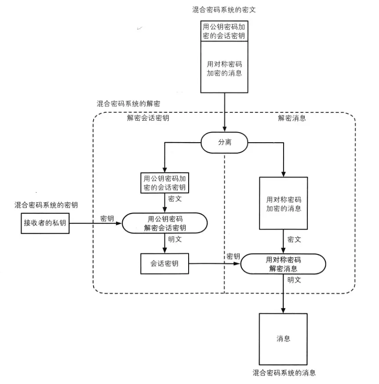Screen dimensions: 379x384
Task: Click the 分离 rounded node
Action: point(225,143)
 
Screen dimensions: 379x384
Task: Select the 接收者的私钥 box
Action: point(45,223)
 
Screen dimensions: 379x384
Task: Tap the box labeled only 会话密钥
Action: point(164,263)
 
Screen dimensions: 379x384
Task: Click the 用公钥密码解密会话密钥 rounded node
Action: point(164,223)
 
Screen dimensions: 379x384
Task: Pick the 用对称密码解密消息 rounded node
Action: point(283,264)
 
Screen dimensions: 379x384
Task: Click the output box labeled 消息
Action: point(283,339)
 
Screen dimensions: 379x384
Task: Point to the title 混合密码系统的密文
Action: point(224,10)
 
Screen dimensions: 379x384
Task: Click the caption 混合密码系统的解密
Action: point(128,104)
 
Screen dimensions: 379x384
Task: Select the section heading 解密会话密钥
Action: point(148,118)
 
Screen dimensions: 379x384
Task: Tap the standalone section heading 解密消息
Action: point(292,118)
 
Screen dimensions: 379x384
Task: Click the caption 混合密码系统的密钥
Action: point(46,205)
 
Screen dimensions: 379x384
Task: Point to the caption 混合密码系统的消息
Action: point(284,373)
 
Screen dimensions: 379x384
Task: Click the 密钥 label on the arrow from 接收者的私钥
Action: point(107,219)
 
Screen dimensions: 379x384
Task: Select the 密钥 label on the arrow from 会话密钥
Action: point(233,256)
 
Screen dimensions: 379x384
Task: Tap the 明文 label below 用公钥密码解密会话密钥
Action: point(175,239)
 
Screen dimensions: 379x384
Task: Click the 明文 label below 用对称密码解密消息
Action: point(294,280)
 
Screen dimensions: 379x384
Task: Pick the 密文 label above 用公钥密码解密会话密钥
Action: point(175,199)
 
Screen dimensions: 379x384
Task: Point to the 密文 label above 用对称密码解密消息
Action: point(294,240)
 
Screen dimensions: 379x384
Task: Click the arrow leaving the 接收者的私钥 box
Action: point(96,223)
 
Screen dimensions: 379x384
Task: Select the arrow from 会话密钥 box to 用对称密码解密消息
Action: point(215,264)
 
